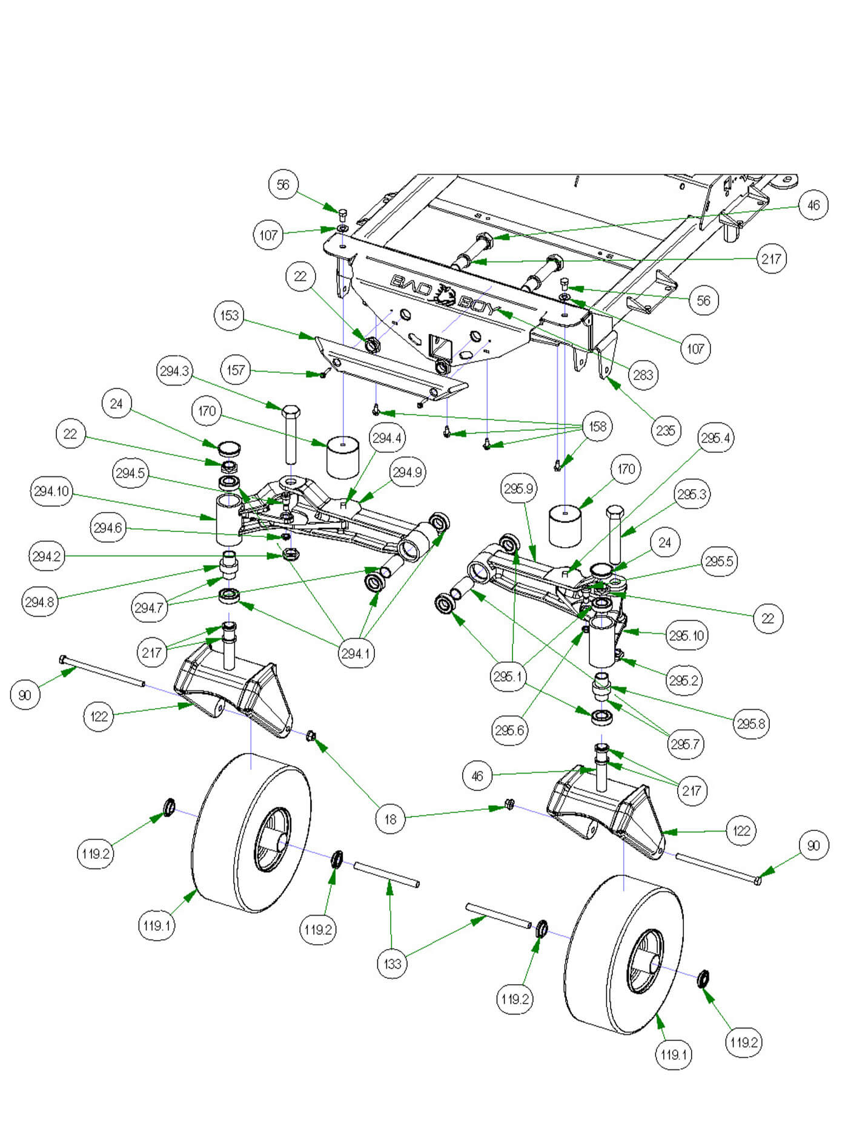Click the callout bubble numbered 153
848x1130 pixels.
click(x=230, y=315)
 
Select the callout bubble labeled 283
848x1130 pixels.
click(x=643, y=375)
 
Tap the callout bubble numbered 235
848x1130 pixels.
click(x=666, y=430)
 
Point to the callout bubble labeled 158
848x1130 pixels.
click(x=597, y=426)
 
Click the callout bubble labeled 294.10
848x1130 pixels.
click(x=51, y=491)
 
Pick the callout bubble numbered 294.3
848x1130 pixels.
click(x=174, y=371)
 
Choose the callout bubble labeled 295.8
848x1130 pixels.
click(x=750, y=723)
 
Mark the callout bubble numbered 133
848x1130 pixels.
click(x=393, y=964)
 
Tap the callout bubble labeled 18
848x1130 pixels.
click(x=390, y=820)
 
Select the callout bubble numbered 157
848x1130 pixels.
click(x=236, y=370)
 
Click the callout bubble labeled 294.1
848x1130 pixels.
click(x=356, y=654)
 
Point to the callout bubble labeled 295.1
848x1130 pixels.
click(x=508, y=676)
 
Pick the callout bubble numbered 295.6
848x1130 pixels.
click(x=509, y=730)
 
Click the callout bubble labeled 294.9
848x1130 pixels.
click(x=407, y=472)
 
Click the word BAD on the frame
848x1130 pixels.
click(x=412, y=283)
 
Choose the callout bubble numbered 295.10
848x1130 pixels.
click(x=686, y=636)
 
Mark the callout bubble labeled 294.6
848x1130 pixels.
click(x=108, y=528)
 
